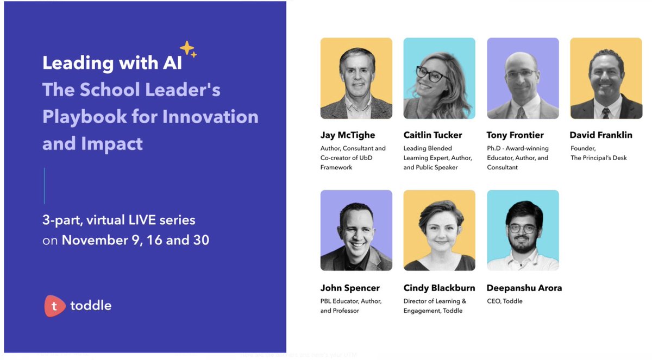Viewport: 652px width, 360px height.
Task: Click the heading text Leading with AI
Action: pyautogui.click(x=112, y=63)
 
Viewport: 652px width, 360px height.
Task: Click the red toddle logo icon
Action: pyautogui.click(x=55, y=306)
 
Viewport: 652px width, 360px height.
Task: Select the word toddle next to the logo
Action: pyautogui.click(x=91, y=306)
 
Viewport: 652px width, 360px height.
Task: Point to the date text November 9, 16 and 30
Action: pyautogui.click(x=135, y=240)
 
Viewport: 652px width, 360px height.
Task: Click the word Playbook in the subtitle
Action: pyautogui.click(x=88, y=117)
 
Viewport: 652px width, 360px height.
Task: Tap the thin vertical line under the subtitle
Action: pyautogui.click(x=45, y=186)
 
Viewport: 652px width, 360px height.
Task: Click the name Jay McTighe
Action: pyautogui.click(x=348, y=135)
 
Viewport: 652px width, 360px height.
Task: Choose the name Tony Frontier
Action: pyautogui.click(x=515, y=135)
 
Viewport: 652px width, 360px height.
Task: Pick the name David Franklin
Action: pyautogui.click(x=601, y=135)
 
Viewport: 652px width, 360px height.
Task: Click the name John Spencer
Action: pyautogui.click(x=350, y=288)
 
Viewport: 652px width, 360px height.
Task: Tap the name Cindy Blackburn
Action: pyautogui.click(x=439, y=288)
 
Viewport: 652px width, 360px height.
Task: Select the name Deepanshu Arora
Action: pyautogui.click(x=524, y=288)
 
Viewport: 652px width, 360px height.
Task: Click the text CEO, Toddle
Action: pyautogui.click(x=505, y=301)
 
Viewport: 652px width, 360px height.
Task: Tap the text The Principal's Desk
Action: pyautogui.click(x=598, y=158)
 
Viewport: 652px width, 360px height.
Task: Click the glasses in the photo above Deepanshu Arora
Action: pyautogui.click(x=522, y=229)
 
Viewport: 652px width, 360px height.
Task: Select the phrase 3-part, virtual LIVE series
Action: pyautogui.click(x=119, y=220)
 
